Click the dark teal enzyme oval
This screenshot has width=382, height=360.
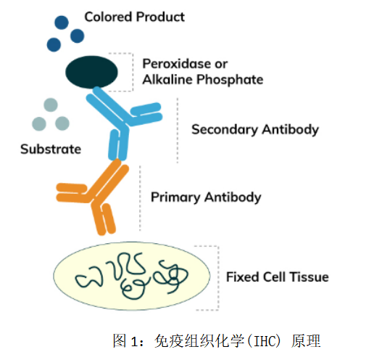pyautogui.click(x=91, y=72)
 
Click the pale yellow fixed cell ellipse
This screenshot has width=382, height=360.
pyautogui.click(x=131, y=276)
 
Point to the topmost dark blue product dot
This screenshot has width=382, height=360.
pyautogui.click(x=62, y=22)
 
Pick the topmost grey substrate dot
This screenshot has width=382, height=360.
pyautogui.click(x=51, y=105)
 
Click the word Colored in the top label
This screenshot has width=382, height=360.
pyautogui.click(x=109, y=17)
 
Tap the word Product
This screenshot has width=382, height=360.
pyautogui.click(x=160, y=17)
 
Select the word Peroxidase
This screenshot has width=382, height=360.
pyautogui.click(x=177, y=64)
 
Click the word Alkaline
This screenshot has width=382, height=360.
pyautogui.click(x=167, y=80)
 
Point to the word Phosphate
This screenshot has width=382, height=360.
pyautogui.click(x=230, y=80)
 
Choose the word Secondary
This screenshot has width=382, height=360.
pyautogui.click(x=225, y=130)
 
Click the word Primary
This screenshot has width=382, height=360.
pyautogui.click(x=175, y=197)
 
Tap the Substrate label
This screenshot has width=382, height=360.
pyautogui.click(x=51, y=149)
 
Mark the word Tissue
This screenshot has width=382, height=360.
pyautogui.click(x=310, y=277)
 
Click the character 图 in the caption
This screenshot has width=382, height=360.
pyautogui.click(x=120, y=340)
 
